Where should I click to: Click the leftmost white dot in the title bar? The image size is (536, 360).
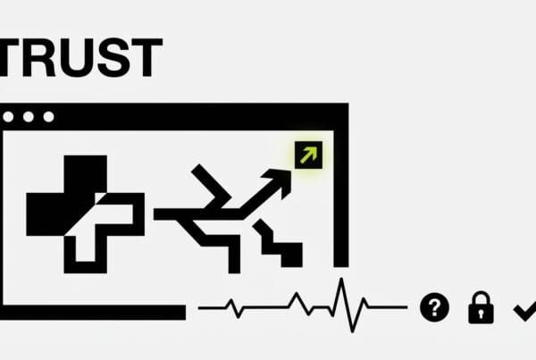(10, 117)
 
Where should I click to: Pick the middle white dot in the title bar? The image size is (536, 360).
(29, 117)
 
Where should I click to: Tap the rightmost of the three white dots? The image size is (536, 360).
(47, 117)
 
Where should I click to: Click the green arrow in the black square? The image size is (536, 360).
(307, 156)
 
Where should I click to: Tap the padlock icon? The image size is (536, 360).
(481, 310)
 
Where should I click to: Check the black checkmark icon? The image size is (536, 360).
(523, 309)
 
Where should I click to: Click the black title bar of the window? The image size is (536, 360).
(197, 117)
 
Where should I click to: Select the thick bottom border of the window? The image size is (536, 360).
(89, 312)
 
